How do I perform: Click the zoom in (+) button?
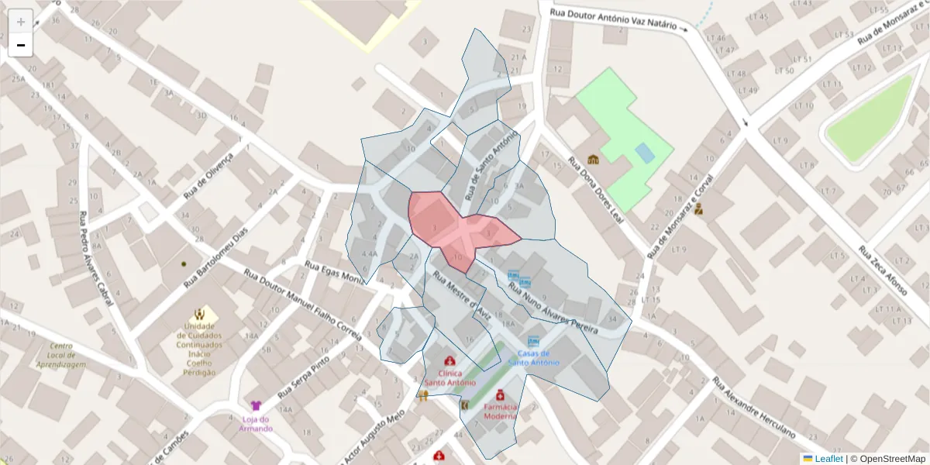tap(21, 22)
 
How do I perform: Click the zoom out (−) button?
tap(21, 45)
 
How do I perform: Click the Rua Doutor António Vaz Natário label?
tap(618, 19)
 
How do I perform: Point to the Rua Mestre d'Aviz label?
tap(459, 295)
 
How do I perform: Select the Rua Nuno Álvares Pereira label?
tap(553, 309)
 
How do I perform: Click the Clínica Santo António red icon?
tap(449, 361)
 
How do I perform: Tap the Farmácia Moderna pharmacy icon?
tap(501, 394)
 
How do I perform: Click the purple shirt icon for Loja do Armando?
tap(256, 405)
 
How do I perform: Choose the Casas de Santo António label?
tap(533, 358)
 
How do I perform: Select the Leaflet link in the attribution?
tap(827, 459)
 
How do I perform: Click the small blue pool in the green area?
tap(644, 152)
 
